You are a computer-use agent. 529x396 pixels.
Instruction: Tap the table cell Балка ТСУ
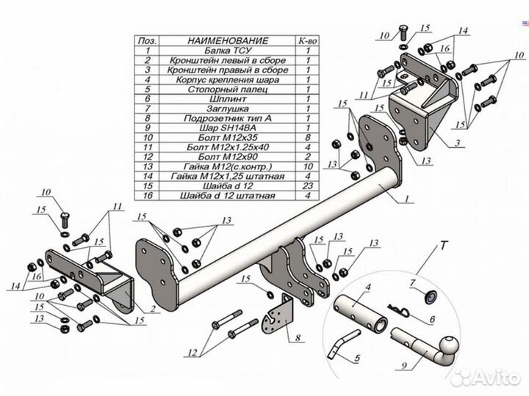[x=217, y=51]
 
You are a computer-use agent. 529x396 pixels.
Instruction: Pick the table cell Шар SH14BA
[x=217, y=127]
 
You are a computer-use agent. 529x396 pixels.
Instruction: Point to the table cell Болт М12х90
[x=217, y=156]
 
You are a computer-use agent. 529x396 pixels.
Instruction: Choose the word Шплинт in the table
[x=217, y=98]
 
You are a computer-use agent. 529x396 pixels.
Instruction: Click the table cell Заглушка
[x=217, y=108]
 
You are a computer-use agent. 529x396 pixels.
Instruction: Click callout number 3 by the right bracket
[x=457, y=143]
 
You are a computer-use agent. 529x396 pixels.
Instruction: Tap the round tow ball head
[x=467, y=345]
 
